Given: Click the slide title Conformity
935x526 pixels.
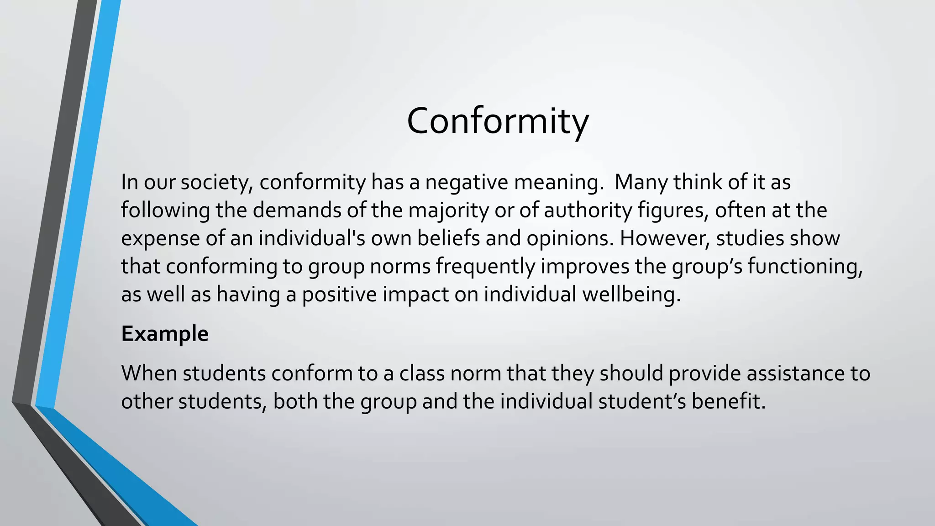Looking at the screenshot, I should [498, 121].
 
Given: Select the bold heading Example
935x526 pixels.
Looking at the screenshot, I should [165, 334].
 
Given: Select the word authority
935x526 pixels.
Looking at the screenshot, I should [588, 210].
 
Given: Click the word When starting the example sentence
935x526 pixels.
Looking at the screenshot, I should [149, 373].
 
